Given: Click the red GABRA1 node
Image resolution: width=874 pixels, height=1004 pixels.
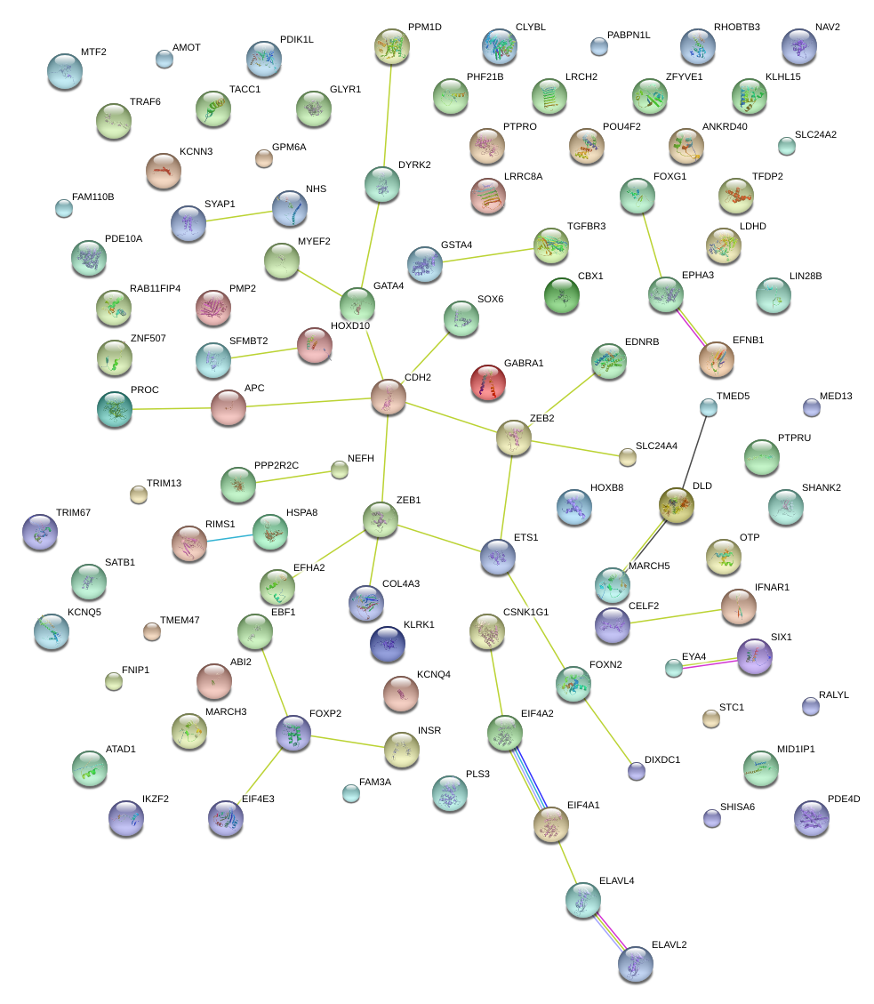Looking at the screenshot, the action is tap(487, 382).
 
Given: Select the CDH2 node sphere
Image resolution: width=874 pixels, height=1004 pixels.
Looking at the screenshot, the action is tap(388, 397).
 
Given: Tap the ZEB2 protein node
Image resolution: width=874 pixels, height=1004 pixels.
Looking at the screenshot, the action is tap(513, 437).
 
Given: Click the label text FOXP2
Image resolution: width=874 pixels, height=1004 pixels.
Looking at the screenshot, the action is tap(325, 713).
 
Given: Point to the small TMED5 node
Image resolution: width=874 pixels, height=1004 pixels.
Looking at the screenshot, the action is tap(708, 407).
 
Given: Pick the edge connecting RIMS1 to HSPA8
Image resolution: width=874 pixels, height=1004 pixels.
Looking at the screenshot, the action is tap(229, 536).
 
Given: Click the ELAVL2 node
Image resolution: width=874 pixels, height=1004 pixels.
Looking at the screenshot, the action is tap(635, 964).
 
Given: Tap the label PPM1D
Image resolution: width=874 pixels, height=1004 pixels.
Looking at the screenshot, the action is tap(424, 27).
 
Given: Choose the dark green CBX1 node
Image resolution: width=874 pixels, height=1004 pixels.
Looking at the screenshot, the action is tap(561, 295).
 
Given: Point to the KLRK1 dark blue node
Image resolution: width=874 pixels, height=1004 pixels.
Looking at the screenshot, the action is tap(388, 644).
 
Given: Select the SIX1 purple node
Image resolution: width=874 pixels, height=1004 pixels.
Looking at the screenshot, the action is tap(755, 656).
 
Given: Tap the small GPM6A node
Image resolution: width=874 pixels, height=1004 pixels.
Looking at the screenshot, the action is tap(263, 158).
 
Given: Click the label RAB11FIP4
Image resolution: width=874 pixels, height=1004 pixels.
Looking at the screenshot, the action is tap(155, 288).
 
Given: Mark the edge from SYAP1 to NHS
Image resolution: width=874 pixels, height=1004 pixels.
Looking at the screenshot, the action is tap(239, 216).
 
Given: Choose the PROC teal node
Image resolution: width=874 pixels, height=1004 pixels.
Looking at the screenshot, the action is tap(115, 408).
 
